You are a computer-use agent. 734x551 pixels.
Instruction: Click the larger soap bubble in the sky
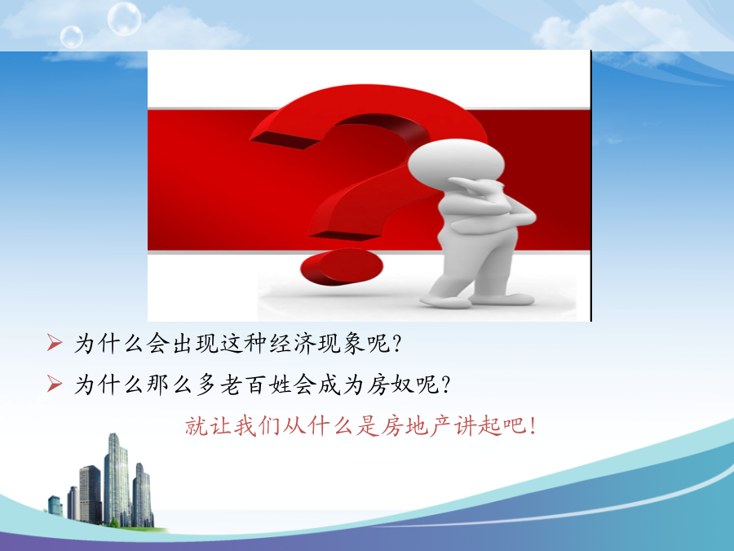click(x=124, y=19)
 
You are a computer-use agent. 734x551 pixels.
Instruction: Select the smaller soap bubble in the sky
click(x=72, y=37)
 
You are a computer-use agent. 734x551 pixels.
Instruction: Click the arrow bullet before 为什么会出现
click(x=55, y=343)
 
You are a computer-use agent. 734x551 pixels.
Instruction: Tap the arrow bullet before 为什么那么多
click(x=55, y=384)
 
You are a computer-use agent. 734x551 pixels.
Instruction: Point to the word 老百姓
click(x=255, y=384)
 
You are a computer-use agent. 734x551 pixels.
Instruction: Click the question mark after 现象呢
click(x=397, y=344)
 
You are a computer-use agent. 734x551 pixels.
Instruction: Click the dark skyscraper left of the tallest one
click(x=91, y=494)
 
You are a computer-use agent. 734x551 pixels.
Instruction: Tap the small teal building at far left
click(x=55, y=505)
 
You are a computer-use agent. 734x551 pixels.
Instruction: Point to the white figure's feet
click(x=477, y=300)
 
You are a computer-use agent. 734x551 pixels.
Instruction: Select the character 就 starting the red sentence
click(x=197, y=426)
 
